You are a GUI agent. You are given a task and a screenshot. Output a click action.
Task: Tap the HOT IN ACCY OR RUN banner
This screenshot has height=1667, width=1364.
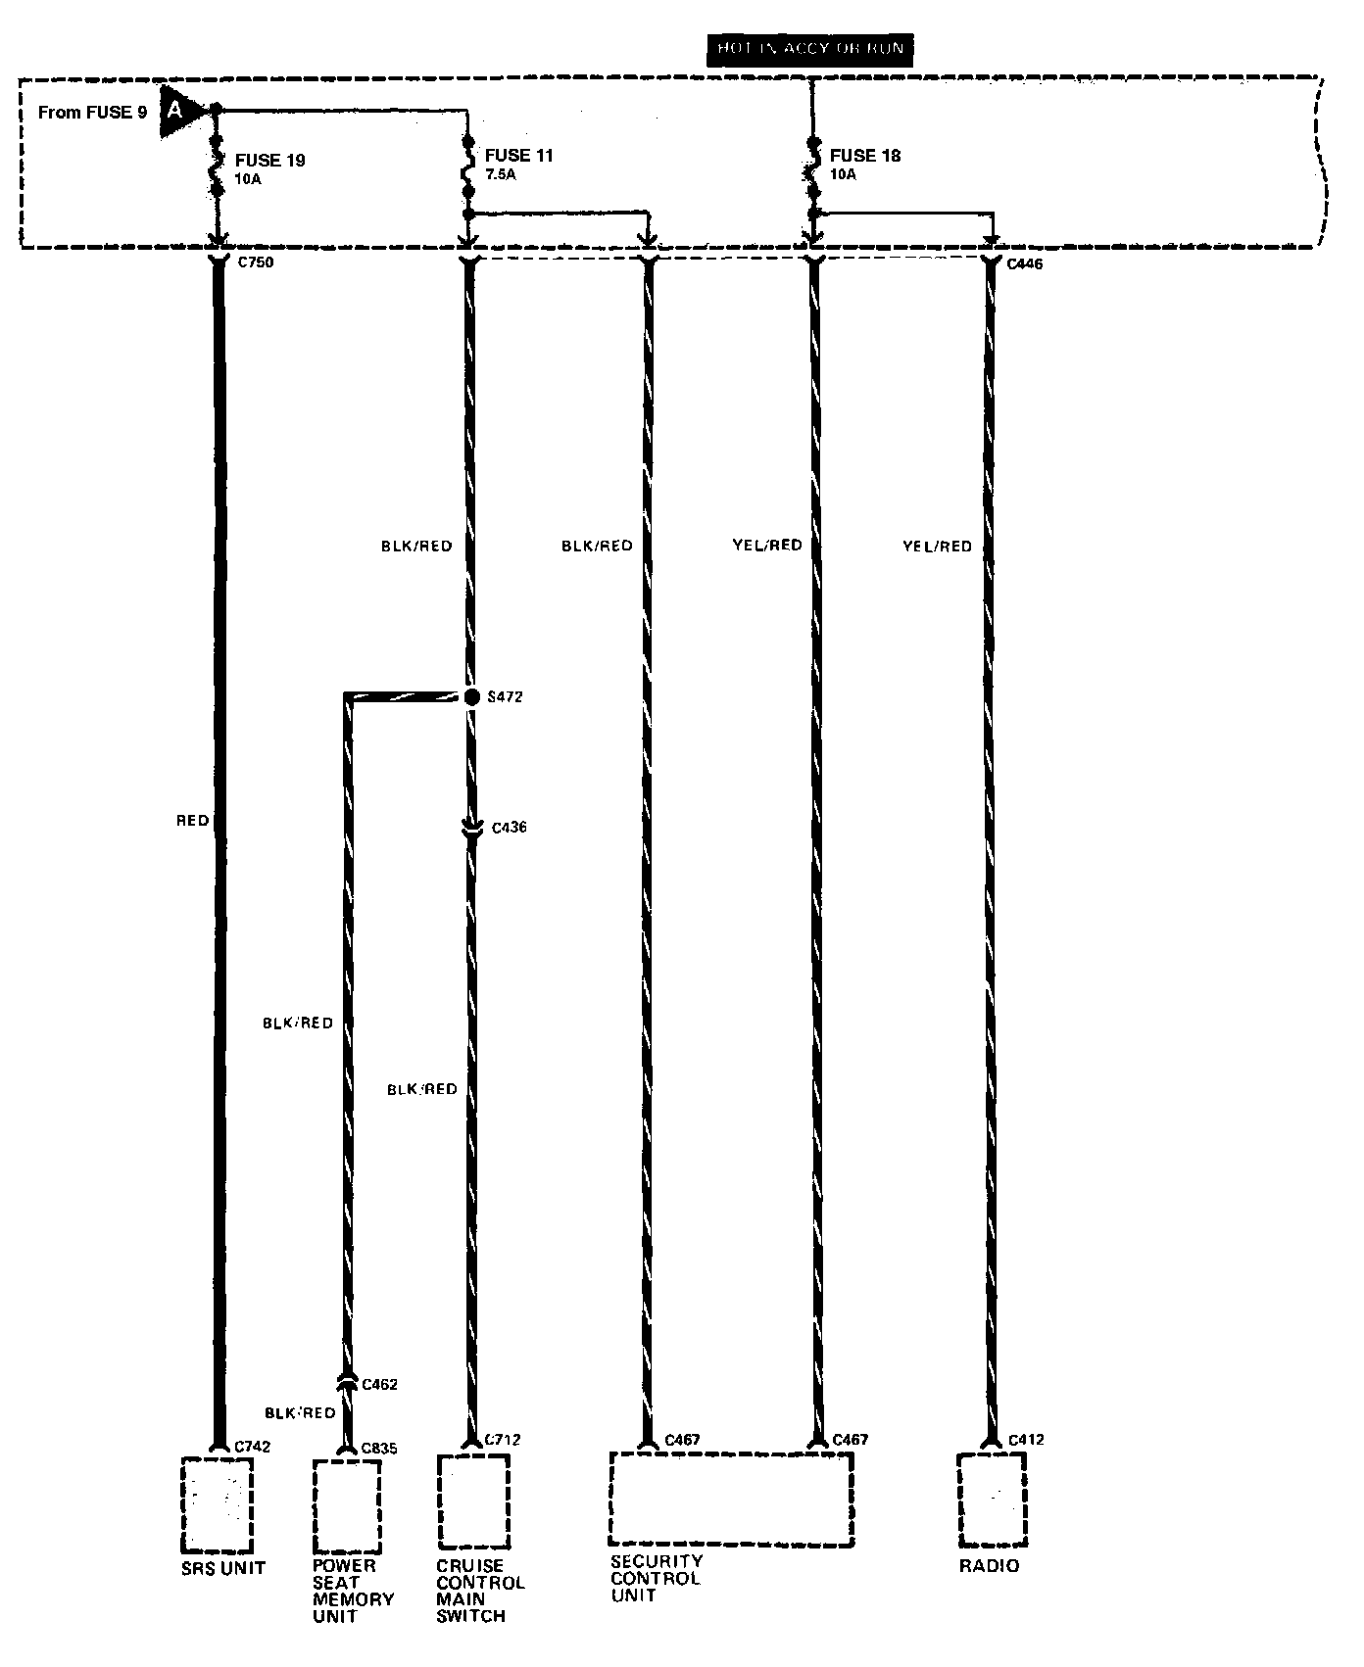pos(809,49)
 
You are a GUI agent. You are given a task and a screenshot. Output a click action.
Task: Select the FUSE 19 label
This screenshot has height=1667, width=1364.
pos(270,161)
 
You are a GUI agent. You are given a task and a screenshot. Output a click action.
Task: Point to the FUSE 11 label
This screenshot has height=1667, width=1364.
pos(518,156)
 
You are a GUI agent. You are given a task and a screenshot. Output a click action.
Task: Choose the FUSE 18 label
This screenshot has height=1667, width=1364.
pos(864,156)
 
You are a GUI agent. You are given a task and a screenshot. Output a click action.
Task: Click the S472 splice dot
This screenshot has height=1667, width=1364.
pos(471,696)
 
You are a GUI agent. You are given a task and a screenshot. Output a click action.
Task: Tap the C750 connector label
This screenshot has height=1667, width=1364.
pos(256,263)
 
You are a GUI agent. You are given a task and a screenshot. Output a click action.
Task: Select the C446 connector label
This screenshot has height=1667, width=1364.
pos(1025,263)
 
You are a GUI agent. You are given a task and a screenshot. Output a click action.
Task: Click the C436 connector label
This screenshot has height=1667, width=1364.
pos(509,828)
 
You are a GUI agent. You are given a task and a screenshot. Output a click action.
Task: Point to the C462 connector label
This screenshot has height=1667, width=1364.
pos(379,1384)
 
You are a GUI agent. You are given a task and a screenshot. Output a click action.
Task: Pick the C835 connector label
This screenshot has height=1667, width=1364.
pos(379,1448)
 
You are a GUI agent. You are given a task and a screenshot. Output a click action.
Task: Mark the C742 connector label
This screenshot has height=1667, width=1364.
pos(253,1446)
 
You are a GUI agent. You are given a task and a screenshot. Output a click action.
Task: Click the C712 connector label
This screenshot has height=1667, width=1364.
pos(504,1439)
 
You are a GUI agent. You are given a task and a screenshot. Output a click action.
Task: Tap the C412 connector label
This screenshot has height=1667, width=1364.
pos(1026,1439)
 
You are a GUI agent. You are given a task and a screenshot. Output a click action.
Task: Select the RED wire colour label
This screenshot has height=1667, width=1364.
pos(193,820)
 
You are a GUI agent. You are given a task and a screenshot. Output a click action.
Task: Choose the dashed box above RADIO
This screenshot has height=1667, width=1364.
pos(992,1499)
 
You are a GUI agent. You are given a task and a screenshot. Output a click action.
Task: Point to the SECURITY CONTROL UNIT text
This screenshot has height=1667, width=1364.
pos(656,1578)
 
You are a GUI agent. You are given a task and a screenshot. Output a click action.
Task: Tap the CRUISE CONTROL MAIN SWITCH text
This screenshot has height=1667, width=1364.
pos(480,1591)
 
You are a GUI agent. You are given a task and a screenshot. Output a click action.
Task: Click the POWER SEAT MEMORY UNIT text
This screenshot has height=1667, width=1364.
pos(353,1591)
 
